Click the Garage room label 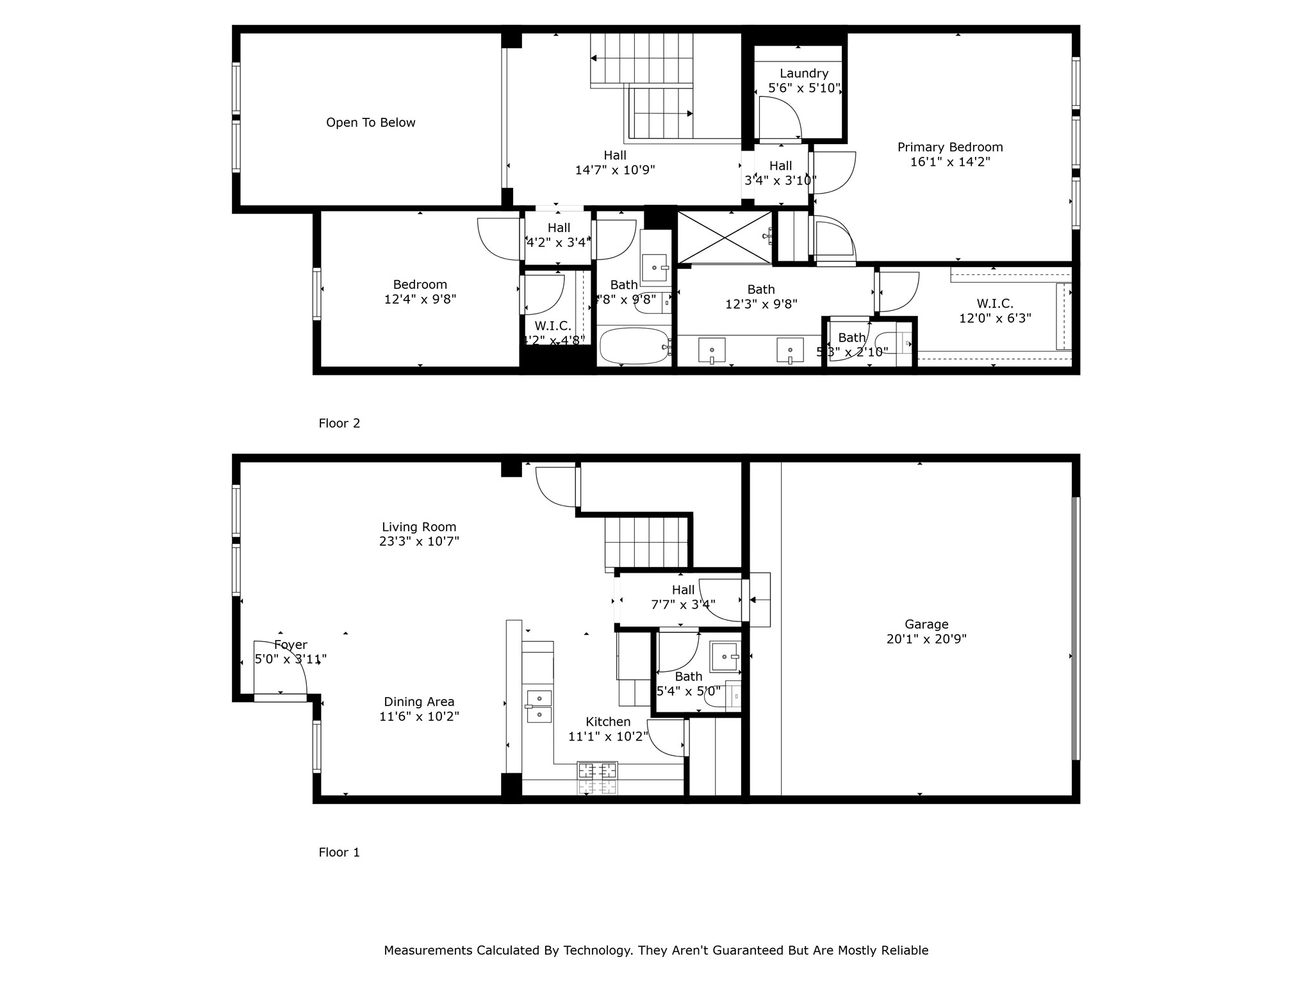[x=926, y=624]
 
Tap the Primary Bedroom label [x=950, y=147]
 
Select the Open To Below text [x=370, y=122]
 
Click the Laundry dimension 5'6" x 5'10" [x=804, y=88]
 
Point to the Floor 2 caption [x=340, y=423]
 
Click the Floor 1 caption [x=340, y=852]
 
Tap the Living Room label [x=419, y=527]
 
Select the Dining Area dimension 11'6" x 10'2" [x=419, y=716]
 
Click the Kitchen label [x=608, y=721]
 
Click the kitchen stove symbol [x=598, y=778]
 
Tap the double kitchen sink [x=539, y=706]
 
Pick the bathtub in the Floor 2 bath [x=634, y=347]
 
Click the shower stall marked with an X [x=725, y=237]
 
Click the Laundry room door [x=780, y=118]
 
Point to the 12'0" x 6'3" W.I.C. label [x=995, y=318]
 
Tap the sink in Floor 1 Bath [x=725, y=656]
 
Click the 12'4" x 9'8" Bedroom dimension [x=420, y=299]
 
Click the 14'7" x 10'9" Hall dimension [x=615, y=170]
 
